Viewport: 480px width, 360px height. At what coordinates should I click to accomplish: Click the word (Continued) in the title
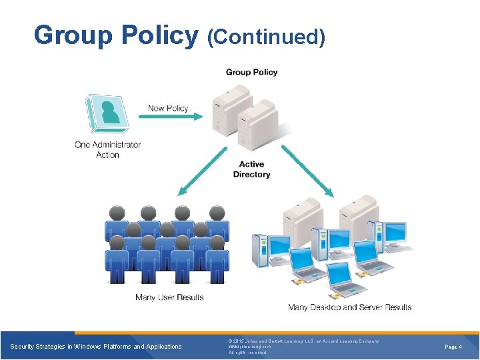pos(266,37)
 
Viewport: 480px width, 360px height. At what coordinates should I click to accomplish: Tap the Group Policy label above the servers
pos(251,72)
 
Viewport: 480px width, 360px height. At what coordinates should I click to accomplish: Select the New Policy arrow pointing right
pos(171,117)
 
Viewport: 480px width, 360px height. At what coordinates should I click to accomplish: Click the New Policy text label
pos(168,108)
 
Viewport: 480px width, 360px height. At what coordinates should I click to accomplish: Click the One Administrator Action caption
pos(107,149)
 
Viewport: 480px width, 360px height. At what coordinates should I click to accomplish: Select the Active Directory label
pos(251,169)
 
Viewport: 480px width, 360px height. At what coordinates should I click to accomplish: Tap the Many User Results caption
pos(169,297)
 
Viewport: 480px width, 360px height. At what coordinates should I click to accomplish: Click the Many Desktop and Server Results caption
pos(349,307)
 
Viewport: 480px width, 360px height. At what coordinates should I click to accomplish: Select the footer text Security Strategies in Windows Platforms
pos(96,347)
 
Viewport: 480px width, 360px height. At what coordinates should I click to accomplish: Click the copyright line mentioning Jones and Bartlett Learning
pos(303,341)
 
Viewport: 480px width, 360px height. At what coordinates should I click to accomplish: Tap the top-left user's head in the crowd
pos(117,213)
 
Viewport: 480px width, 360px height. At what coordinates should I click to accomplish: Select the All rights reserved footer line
pos(247,353)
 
